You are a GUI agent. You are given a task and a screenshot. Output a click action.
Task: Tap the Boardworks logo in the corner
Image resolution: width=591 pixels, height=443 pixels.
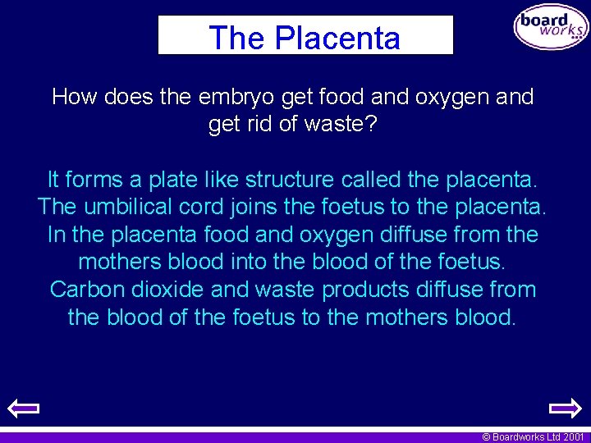(551, 28)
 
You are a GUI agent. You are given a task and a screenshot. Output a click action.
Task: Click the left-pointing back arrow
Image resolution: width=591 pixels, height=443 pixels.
(23, 408)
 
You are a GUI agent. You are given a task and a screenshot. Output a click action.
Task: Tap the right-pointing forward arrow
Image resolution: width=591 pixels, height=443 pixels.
(565, 408)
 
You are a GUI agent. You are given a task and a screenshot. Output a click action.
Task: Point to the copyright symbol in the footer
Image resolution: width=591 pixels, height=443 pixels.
(486, 437)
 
